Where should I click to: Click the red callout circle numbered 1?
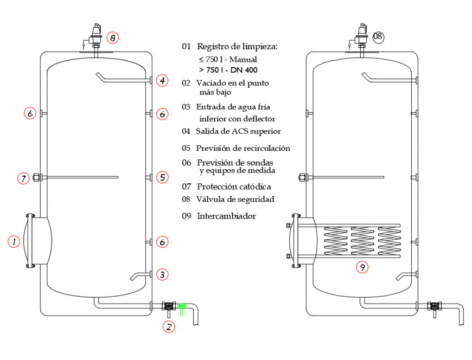(x=14, y=242)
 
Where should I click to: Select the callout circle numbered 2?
(x=169, y=326)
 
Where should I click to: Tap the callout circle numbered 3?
(x=162, y=274)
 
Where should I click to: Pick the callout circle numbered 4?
(x=162, y=81)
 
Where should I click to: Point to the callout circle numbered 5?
(x=162, y=177)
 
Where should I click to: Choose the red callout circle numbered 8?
(x=112, y=37)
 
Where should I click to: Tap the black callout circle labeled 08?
(x=378, y=37)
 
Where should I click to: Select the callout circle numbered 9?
(x=362, y=266)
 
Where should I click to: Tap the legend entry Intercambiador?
(x=226, y=216)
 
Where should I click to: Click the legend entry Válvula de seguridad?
(x=235, y=199)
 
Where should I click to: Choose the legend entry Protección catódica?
(x=234, y=187)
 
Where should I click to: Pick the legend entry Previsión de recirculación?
(x=243, y=148)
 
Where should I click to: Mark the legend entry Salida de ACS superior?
(x=238, y=131)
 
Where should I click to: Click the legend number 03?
(x=186, y=107)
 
